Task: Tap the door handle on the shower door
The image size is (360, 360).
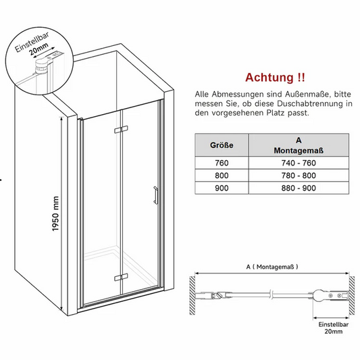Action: [x=155, y=195]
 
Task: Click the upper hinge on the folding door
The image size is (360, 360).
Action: [x=119, y=128]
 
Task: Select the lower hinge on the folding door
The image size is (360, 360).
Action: [x=119, y=276]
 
